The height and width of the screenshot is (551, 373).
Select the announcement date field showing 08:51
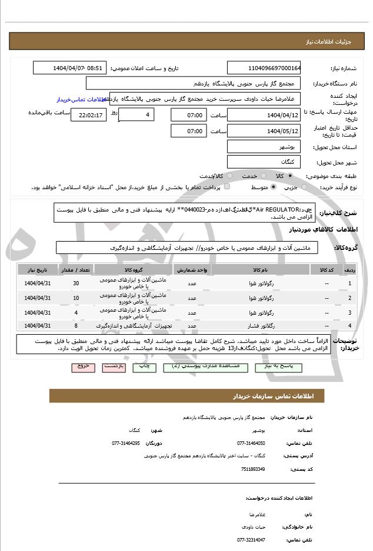(x=70, y=68)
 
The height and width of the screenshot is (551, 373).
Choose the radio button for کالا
(x=290, y=176)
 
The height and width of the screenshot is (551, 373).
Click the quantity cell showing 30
(x=76, y=283)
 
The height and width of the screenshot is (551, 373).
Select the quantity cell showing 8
(x=76, y=325)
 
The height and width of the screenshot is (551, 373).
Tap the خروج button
(x=82, y=366)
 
